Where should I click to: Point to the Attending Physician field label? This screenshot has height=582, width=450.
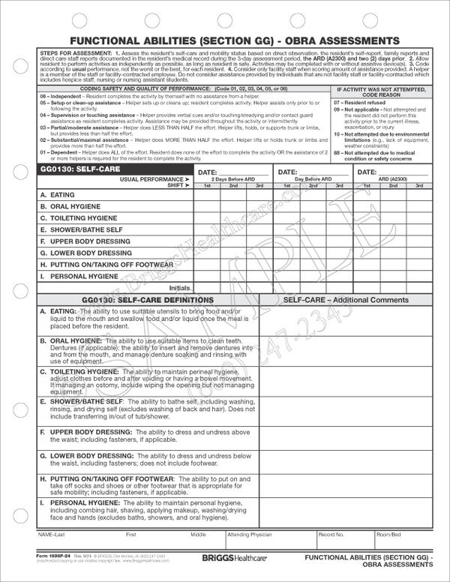click(x=250, y=535)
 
